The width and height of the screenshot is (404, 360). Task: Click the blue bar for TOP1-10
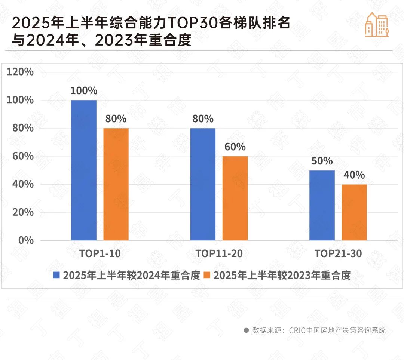coord(84,170)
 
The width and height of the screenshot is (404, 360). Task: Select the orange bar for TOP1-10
coord(116,184)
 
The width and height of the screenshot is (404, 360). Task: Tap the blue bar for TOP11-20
coord(203,184)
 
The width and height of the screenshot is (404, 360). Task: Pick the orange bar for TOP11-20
coord(235,198)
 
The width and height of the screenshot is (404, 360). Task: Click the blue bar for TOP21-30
coord(322,205)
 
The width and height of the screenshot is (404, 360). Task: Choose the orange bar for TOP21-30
coord(354,212)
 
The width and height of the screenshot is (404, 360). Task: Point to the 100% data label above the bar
coord(84,91)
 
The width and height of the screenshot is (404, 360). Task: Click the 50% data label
coord(322,161)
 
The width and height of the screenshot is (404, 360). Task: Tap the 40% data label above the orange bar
coord(354,175)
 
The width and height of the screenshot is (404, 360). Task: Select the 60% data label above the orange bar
coord(235,147)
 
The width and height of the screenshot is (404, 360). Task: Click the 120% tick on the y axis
coord(20,72)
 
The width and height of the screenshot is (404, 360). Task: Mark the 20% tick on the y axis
coord(23,212)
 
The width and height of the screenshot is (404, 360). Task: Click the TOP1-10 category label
coord(100,254)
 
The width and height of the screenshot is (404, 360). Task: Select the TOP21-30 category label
coord(338,254)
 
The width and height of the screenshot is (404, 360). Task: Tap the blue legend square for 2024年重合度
coord(57,276)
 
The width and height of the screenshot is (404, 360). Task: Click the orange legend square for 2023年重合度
coord(207,276)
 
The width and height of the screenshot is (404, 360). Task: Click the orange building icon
coord(377,25)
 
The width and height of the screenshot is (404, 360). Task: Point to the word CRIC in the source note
coord(297,330)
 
